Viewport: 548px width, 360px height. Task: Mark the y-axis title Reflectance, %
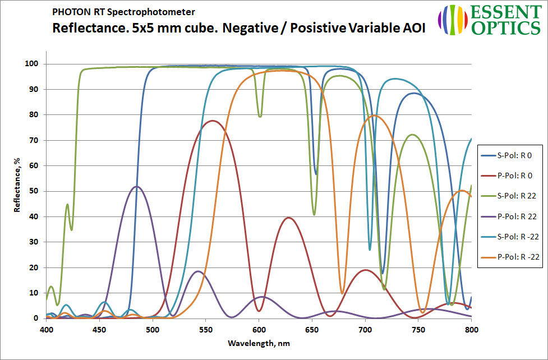17,185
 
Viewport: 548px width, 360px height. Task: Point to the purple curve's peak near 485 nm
136,186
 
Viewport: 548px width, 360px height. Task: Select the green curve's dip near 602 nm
260,116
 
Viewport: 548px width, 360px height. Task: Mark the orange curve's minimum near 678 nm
342,293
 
